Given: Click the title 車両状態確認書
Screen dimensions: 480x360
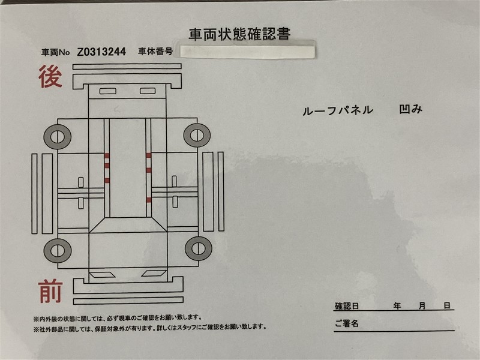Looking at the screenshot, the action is [239, 34].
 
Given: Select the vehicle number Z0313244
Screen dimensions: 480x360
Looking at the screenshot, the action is [101, 52].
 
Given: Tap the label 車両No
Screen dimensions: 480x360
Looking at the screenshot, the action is [56, 52].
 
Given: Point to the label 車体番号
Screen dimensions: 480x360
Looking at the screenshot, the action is [155, 52].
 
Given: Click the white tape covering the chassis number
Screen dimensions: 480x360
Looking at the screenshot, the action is [247, 51].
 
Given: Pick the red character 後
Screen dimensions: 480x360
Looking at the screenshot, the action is [50, 76].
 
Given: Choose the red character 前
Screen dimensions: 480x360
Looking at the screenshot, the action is [50, 292].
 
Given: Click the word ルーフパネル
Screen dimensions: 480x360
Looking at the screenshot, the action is [338, 110].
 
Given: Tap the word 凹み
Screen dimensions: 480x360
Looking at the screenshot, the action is [411, 109].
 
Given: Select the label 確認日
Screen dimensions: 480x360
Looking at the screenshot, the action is [347, 306].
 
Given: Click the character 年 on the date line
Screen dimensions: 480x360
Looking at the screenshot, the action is [397, 305].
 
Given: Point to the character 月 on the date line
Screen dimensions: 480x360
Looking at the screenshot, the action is [422, 305].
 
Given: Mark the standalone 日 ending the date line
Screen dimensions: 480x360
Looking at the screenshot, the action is [447, 305].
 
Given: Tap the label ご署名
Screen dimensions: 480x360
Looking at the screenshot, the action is [347, 323].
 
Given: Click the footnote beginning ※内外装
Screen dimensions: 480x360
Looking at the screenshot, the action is [118, 318].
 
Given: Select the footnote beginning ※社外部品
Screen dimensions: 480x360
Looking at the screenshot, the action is [150, 328].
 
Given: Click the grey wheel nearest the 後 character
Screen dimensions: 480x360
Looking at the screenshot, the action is [57, 137].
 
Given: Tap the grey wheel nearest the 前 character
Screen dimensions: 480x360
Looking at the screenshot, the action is [58, 250].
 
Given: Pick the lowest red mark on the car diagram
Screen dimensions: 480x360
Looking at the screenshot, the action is [148, 200].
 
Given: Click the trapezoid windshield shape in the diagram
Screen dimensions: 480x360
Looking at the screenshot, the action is [128, 225].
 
